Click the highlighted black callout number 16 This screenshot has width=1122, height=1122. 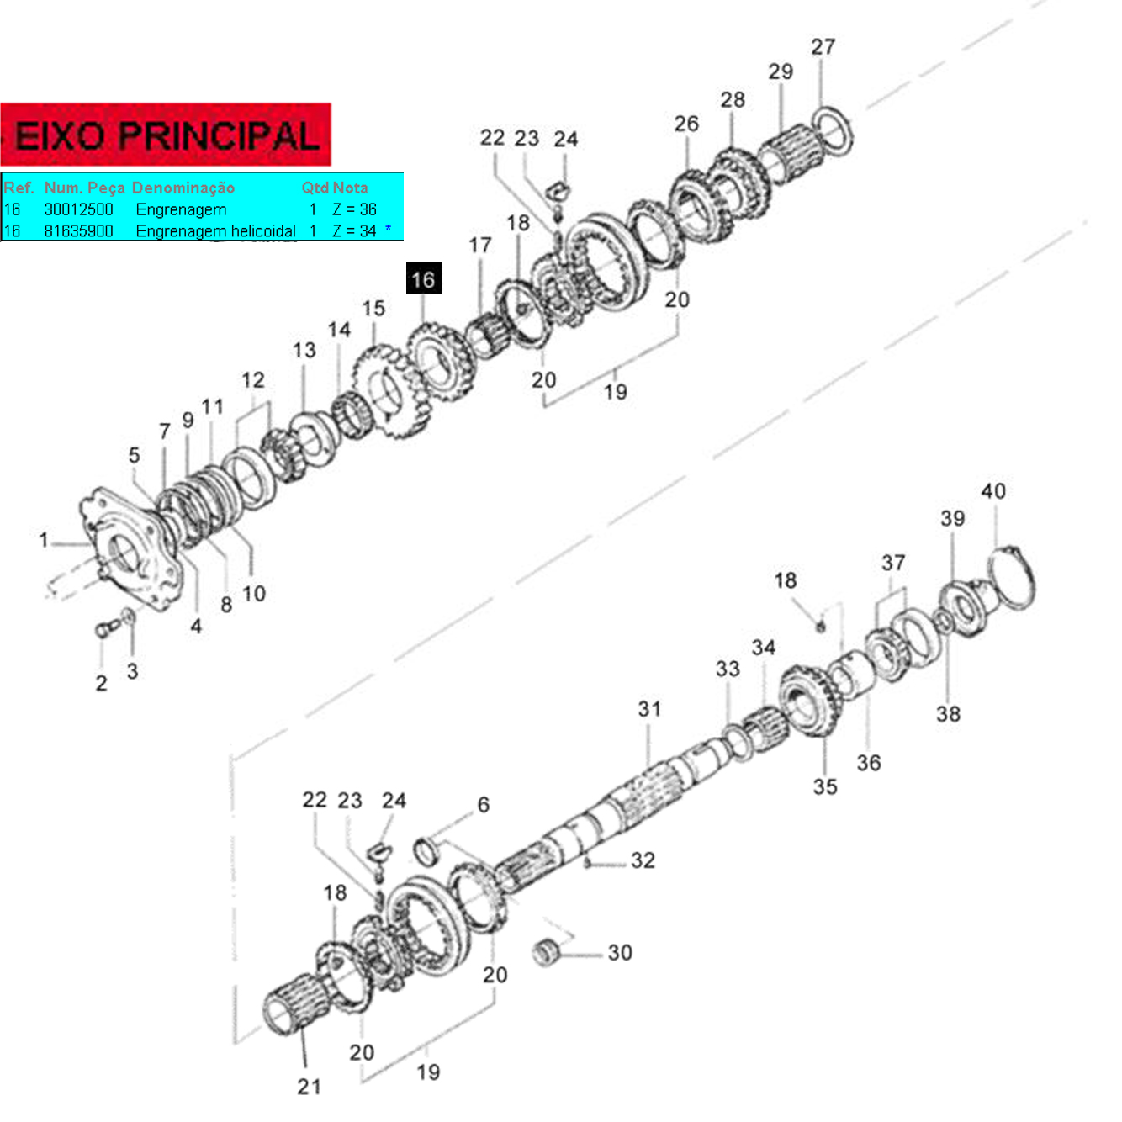click(423, 278)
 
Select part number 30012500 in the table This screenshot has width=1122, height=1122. click(78, 209)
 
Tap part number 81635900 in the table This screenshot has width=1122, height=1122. click(78, 231)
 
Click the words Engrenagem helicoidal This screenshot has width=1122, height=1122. click(215, 231)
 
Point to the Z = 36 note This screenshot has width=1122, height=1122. click(355, 209)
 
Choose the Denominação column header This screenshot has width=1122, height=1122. click(183, 188)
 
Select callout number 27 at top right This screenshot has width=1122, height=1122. click(823, 46)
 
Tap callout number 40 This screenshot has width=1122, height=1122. click(993, 491)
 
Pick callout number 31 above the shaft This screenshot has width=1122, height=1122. click(650, 708)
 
